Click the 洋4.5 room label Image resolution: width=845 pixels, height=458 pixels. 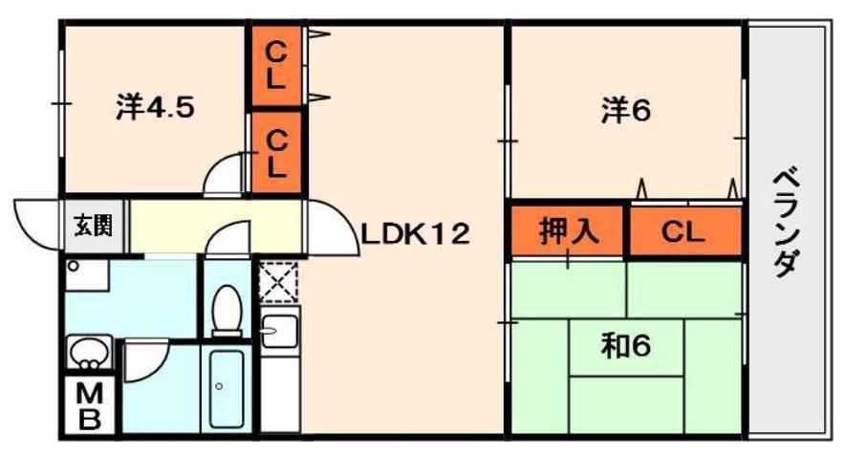pyautogui.click(x=155, y=108)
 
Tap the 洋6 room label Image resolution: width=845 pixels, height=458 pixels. pyautogui.click(x=626, y=112)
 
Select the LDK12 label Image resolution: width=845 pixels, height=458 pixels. pyautogui.click(x=415, y=233)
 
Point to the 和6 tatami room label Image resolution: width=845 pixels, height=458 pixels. pyautogui.click(x=626, y=347)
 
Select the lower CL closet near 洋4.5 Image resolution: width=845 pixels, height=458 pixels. pyautogui.click(x=275, y=153)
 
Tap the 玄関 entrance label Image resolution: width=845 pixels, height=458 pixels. pyautogui.click(x=93, y=227)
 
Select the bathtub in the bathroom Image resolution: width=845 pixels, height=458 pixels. pyautogui.click(x=226, y=388)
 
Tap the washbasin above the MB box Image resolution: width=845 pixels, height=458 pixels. pyautogui.click(x=88, y=352)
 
